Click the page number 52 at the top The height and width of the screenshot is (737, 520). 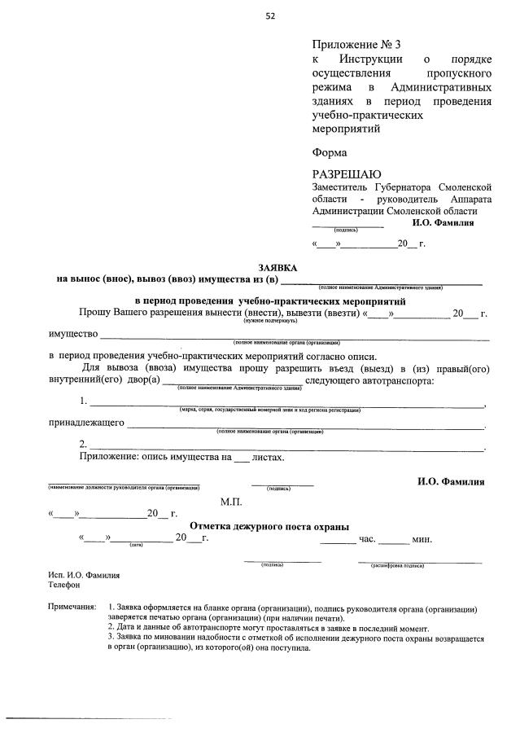point(269,15)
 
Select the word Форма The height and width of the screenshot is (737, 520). point(329,151)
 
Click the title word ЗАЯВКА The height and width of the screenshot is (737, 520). point(277,267)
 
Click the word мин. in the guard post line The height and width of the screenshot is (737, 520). point(422,539)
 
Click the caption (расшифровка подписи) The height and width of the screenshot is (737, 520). point(396,564)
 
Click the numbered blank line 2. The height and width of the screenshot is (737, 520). point(285,445)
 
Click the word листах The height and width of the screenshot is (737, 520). point(269,458)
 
